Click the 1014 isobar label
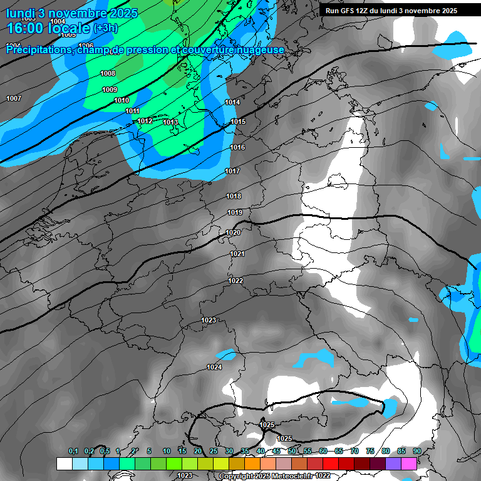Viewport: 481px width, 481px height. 232,102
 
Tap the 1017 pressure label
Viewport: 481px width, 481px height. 232,171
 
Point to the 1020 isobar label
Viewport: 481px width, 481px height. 233,232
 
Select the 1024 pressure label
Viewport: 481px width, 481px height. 214,367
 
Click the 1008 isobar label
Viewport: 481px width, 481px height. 108,73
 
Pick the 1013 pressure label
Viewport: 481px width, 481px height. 170,122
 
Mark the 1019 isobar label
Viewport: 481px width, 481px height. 235,213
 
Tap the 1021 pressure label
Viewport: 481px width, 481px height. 237,254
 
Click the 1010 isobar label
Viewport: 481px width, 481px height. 122,100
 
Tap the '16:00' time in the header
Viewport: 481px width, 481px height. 23,28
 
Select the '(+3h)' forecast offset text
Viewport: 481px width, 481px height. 105,29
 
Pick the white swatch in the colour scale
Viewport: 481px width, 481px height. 64,463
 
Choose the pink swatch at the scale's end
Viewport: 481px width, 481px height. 409,463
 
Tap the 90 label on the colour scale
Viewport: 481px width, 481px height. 416,452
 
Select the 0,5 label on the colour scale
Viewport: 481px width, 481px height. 105,452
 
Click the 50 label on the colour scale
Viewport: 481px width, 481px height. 292,452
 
